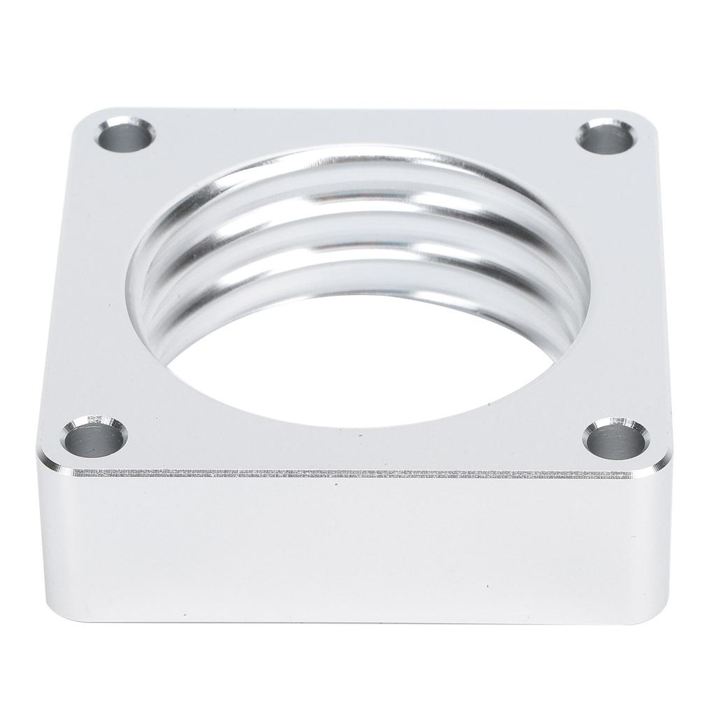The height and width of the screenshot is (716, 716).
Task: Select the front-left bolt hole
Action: tap(92, 441)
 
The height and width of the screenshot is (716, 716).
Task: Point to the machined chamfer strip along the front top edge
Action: tap(350, 473)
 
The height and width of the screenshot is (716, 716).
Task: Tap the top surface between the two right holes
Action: tap(629, 287)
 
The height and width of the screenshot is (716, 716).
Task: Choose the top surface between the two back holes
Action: tap(364, 126)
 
